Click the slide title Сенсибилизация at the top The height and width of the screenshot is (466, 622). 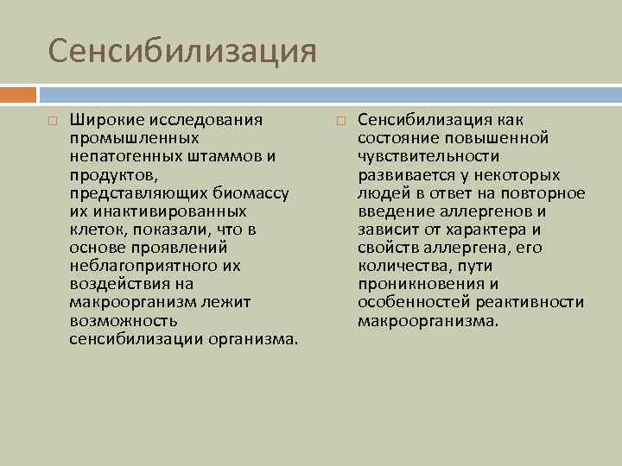click(x=183, y=50)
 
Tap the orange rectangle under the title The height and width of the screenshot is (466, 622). click(x=18, y=93)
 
